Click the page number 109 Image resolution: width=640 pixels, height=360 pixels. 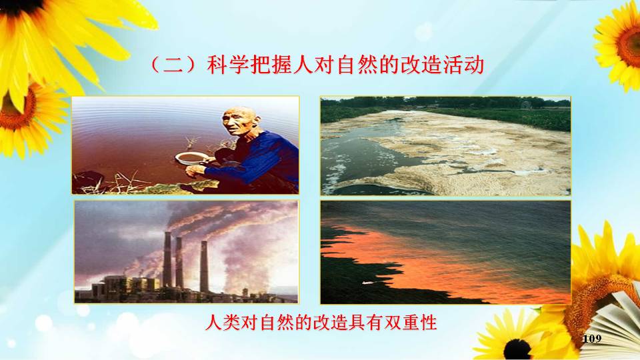592,339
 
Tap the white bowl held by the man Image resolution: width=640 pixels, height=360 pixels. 191,158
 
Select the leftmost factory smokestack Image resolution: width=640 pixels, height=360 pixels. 167,259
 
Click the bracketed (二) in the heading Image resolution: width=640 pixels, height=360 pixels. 174,66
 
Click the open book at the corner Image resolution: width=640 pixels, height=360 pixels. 613,323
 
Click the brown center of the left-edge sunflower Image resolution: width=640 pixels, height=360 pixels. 16,110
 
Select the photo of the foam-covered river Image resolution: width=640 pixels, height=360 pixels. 445,146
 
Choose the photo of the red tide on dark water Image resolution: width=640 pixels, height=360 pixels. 445,252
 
